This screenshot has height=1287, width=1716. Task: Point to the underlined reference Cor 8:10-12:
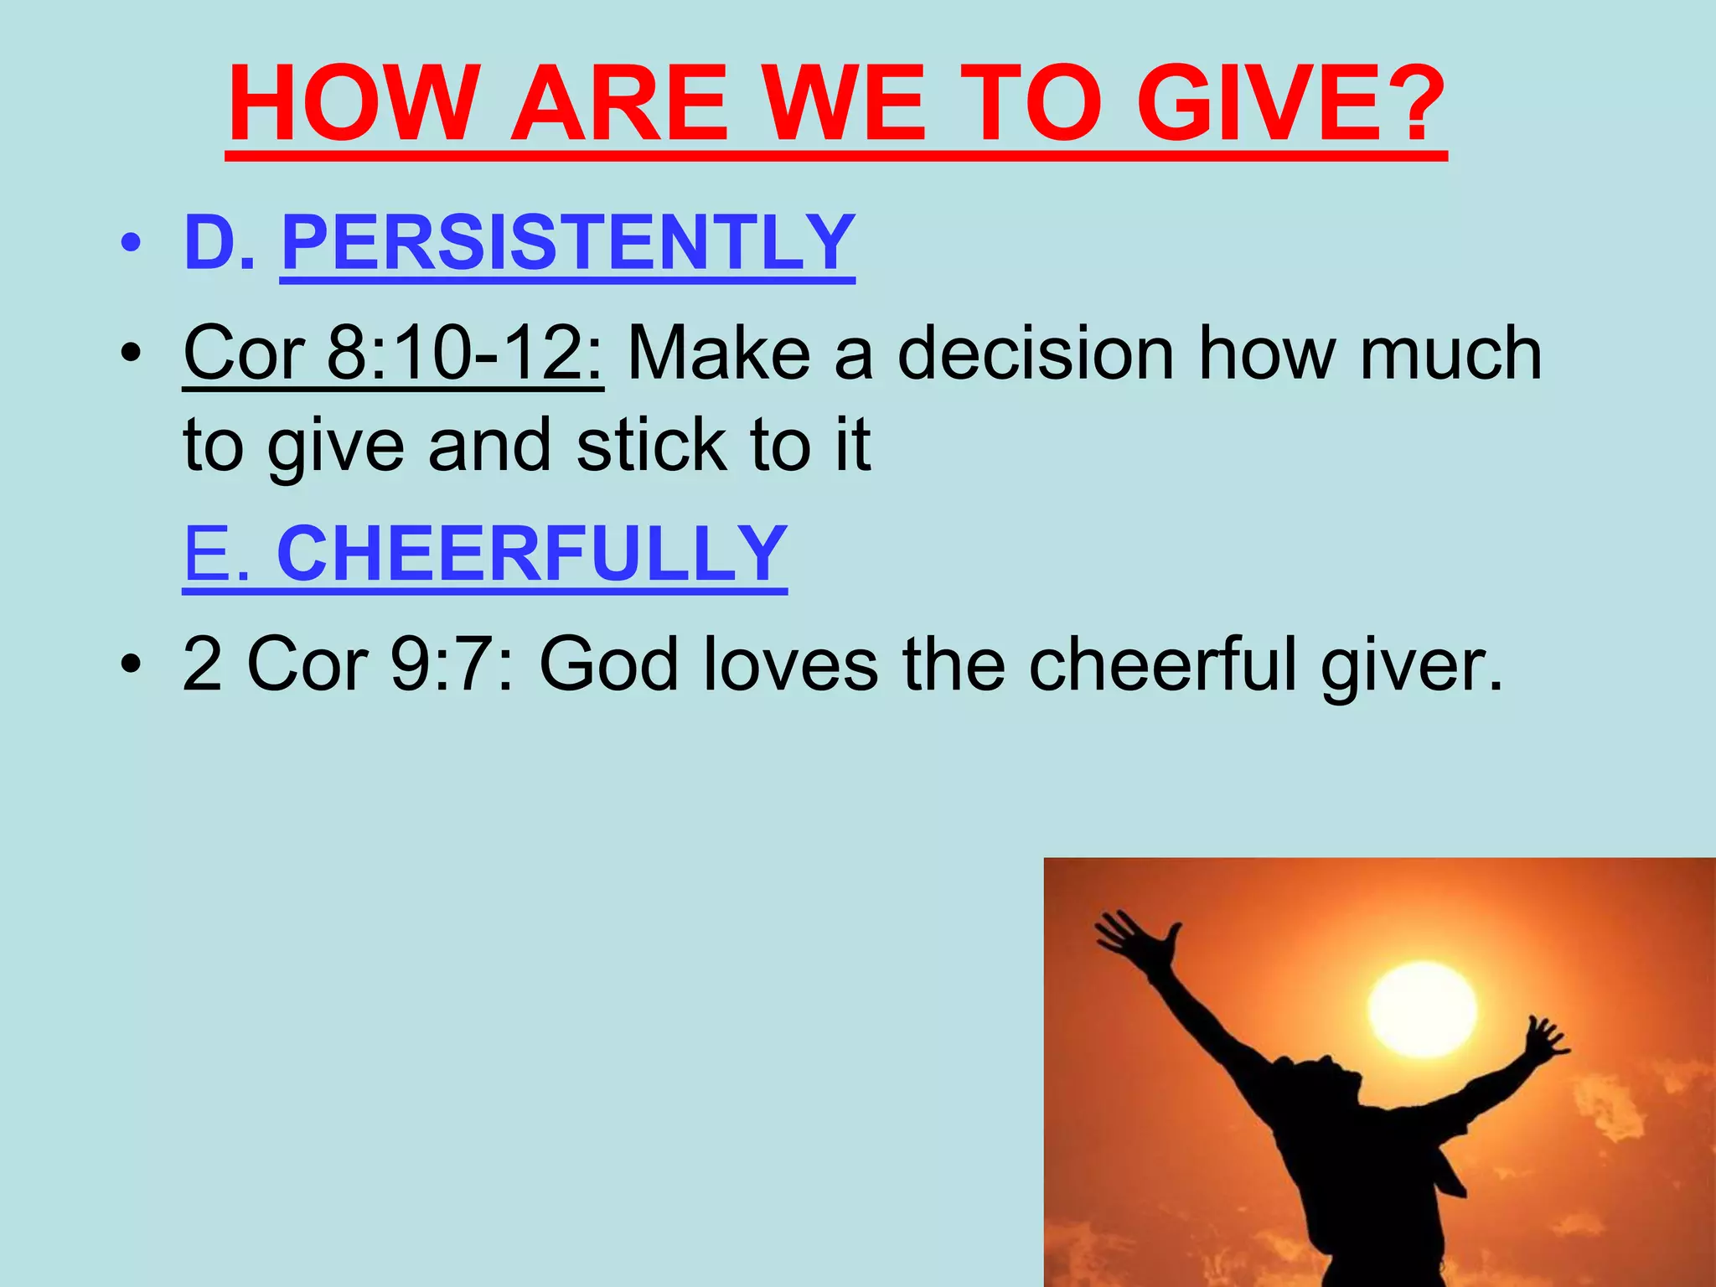393,353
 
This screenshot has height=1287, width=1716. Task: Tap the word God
608,664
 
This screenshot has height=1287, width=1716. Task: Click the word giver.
1412,664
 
